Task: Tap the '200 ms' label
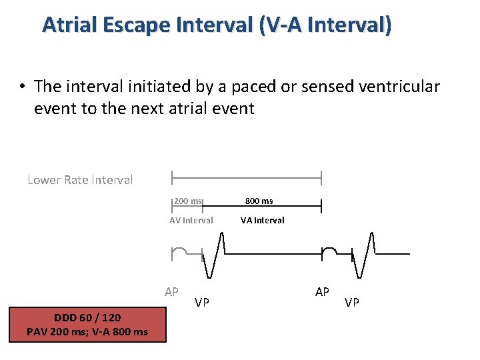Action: pos(188,201)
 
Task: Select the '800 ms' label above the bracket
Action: pos(259,201)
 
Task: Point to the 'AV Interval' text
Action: pos(191,220)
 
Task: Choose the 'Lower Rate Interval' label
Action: pos(80,180)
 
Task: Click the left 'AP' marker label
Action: pos(171,292)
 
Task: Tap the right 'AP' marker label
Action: pos(322,292)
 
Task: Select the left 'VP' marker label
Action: pos(202,303)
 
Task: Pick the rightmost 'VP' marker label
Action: pos(351,303)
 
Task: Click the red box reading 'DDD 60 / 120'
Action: pos(87,318)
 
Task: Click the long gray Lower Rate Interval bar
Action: pos(247,178)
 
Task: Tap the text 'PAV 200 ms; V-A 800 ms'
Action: pos(87,331)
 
